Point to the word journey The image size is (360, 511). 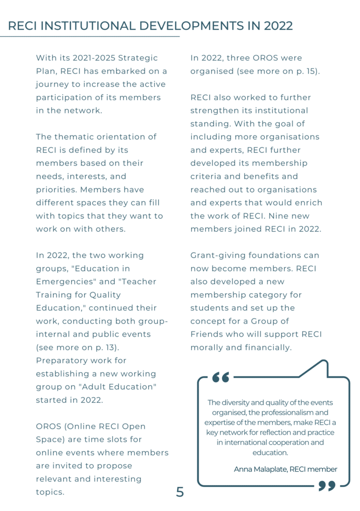[52, 84]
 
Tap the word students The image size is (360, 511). [208, 308]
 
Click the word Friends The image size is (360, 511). [206, 334]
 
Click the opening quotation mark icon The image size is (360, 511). [221, 376]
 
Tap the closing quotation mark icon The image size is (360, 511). [327, 485]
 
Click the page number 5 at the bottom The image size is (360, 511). [180, 492]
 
